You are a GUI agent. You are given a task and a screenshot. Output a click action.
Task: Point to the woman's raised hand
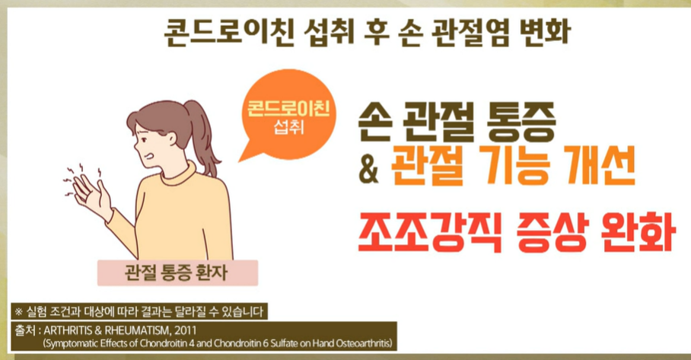[x=92, y=190]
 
